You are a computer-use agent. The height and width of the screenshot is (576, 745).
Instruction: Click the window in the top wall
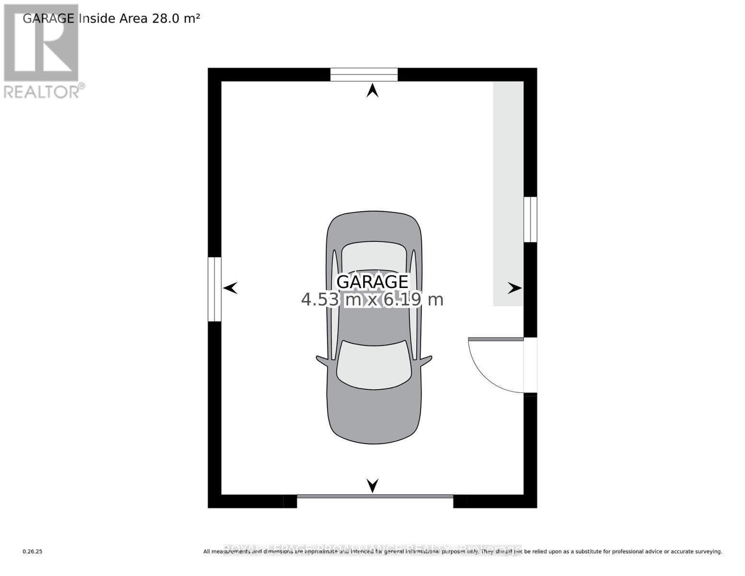[x=364, y=75]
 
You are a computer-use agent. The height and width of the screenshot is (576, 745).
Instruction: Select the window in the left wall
[x=214, y=289]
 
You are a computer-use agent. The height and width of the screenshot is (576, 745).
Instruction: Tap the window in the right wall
[x=530, y=219]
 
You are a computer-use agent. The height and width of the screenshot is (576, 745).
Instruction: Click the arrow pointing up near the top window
[x=372, y=90]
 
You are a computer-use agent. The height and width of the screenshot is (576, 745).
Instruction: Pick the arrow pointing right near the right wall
[x=515, y=288]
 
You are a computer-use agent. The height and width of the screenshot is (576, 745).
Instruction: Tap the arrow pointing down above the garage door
[x=372, y=485]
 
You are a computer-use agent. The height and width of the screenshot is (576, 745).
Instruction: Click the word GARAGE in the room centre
[x=372, y=282]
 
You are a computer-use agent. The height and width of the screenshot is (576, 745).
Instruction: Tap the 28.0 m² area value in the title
[x=176, y=18]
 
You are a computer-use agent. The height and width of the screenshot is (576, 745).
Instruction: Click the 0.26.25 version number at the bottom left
[x=33, y=552]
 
